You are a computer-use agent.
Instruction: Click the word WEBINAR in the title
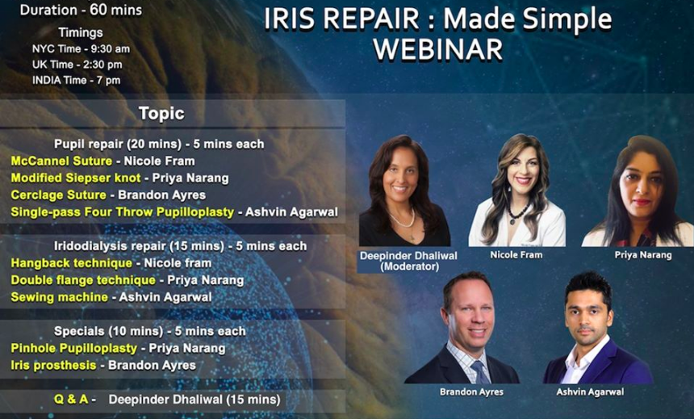tap(437, 49)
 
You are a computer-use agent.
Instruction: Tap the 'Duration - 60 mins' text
tap(81, 10)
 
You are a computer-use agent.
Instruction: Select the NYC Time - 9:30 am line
tap(81, 48)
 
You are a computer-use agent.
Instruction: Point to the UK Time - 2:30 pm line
tap(77, 64)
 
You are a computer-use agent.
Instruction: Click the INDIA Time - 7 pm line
tap(77, 80)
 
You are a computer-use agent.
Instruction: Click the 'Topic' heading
tap(161, 113)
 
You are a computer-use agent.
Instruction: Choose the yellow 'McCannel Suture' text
tap(61, 161)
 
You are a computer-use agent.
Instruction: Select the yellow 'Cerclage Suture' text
tap(58, 195)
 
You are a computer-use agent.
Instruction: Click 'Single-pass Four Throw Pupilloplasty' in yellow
tap(122, 212)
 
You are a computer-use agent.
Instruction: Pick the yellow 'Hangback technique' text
tap(71, 263)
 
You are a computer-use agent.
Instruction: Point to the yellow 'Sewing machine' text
tap(59, 297)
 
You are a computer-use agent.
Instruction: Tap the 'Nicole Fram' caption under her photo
tap(516, 255)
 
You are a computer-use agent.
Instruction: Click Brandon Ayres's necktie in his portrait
tap(479, 371)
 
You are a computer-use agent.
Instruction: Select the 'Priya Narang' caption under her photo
tap(642, 255)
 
